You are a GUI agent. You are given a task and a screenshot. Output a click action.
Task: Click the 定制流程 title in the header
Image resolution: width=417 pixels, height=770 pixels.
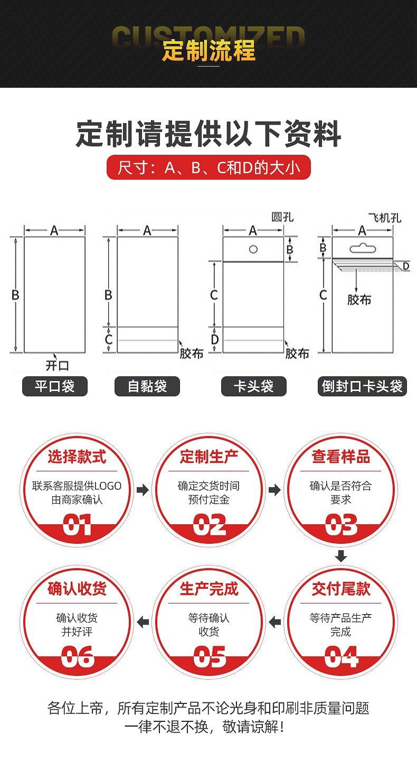(209, 50)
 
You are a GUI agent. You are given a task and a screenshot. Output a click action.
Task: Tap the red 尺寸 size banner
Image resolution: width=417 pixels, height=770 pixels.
(209, 168)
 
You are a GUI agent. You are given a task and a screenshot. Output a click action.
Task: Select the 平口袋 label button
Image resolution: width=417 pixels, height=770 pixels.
(54, 386)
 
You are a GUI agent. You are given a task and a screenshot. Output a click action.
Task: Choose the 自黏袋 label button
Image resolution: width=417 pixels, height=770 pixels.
(147, 386)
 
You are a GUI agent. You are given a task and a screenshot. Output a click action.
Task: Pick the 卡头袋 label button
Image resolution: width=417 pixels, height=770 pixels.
(253, 386)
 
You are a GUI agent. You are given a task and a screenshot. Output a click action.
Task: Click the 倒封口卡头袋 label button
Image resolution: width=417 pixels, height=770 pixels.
(362, 386)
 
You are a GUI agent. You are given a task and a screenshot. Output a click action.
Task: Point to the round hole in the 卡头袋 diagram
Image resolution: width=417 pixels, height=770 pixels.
(253, 249)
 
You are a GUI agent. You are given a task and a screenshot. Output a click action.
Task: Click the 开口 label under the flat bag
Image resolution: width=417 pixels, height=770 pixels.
(57, 365)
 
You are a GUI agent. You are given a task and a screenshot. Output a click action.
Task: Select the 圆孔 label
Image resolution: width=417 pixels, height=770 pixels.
(282, 217)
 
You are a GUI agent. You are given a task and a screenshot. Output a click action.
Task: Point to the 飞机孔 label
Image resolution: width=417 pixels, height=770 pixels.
(385, 217)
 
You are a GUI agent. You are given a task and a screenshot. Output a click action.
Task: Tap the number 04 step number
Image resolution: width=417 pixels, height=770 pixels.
(341, 657)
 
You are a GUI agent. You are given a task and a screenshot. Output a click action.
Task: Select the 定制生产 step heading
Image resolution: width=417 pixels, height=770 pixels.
(209, 457)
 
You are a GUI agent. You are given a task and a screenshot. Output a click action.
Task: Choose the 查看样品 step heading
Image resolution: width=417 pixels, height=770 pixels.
(341, 457)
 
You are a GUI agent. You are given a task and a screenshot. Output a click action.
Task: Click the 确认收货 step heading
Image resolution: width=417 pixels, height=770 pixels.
(77, 589)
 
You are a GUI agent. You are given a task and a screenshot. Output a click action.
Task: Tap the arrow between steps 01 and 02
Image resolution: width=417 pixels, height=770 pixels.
(143, 490)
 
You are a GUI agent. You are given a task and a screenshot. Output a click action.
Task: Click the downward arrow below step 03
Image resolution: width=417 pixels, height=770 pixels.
(341, 556)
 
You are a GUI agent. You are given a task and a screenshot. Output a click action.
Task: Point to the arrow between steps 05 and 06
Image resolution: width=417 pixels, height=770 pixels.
(143, 622)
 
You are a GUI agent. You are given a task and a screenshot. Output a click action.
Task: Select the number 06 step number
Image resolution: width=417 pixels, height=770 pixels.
(77, 657)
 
